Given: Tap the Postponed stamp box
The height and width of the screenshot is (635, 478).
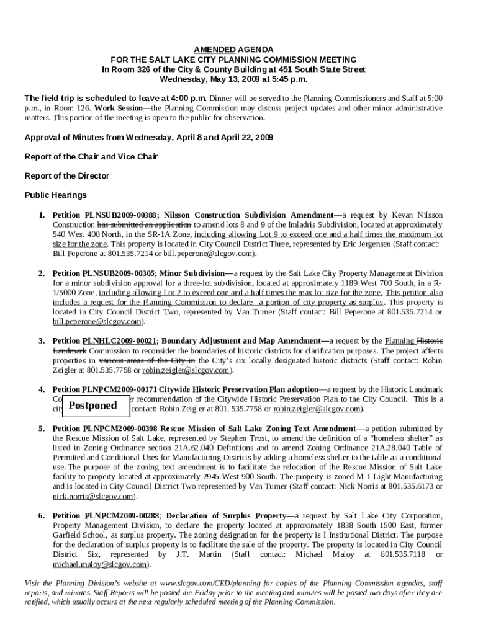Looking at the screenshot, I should coord(92,406).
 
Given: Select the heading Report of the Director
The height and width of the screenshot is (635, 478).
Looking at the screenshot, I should coord(66,176).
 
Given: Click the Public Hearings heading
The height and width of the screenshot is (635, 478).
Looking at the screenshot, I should coord(55,195).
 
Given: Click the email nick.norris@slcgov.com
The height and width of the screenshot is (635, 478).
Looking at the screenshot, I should coord(92,497).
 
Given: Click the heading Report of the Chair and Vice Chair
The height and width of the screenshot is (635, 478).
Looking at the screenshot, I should coord(91,156).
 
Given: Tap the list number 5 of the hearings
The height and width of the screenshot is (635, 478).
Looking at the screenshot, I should coord(41,429).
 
